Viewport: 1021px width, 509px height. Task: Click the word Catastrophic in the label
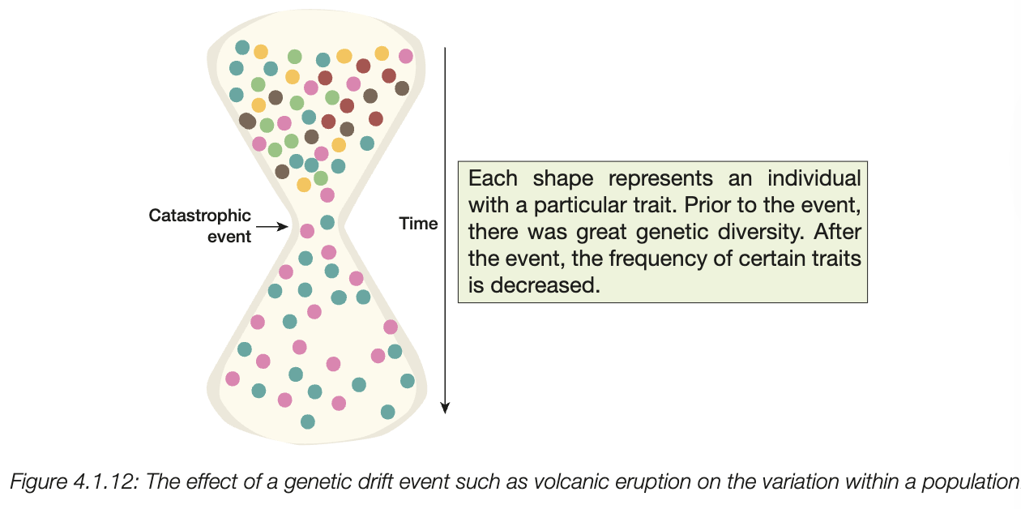(x=199, y=216)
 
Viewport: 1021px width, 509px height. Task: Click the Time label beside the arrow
(x=418, y=224)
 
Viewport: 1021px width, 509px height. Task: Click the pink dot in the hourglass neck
(x=307, y=231)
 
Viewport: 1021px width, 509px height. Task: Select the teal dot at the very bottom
(x=307, y=421)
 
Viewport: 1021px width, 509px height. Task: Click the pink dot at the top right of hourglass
(x=405, y=56)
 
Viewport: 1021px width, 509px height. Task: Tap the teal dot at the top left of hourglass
(x=241, y=48)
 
